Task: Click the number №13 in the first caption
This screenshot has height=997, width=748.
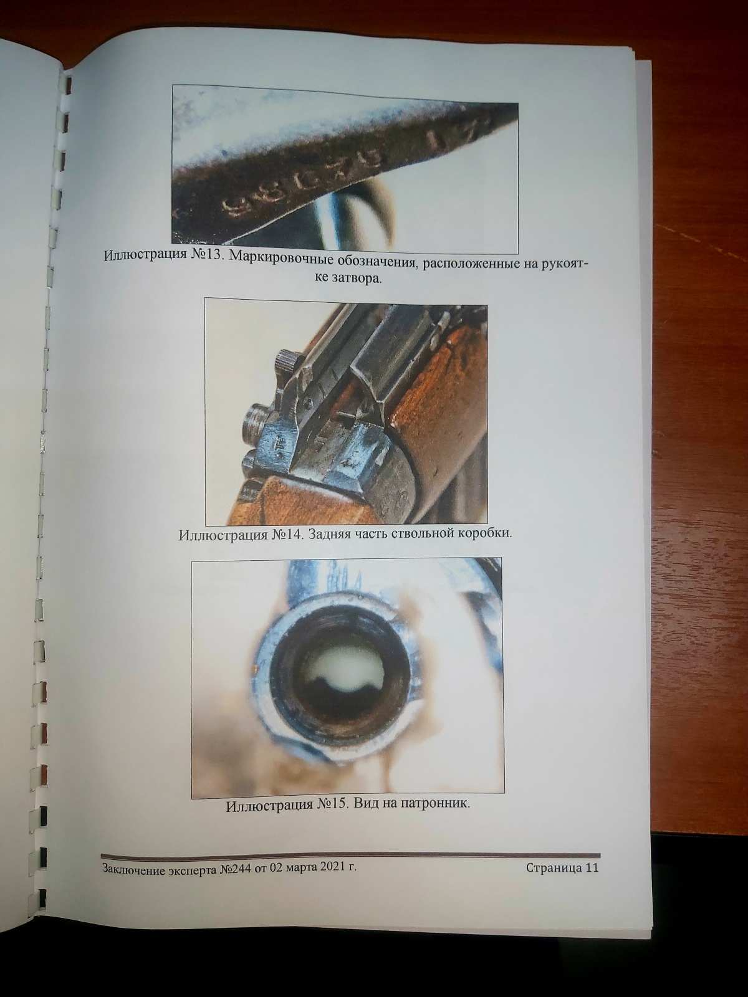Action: click(x=204, y=255)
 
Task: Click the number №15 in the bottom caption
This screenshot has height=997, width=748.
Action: click(x=332, y=804)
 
